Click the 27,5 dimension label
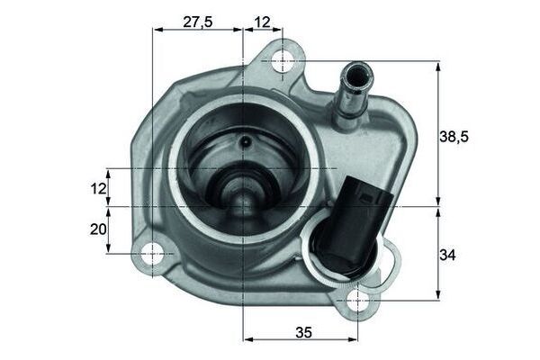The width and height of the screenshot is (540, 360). (x=197, y=22)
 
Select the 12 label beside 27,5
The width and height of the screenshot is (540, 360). (x=262, y=22)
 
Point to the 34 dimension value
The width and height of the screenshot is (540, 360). (x=448, y=256)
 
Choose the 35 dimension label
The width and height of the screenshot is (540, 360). (x=302, y=332)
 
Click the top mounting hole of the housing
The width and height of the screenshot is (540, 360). (x=283, y=61)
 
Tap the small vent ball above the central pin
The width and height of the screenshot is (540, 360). (x=244, y=141)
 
